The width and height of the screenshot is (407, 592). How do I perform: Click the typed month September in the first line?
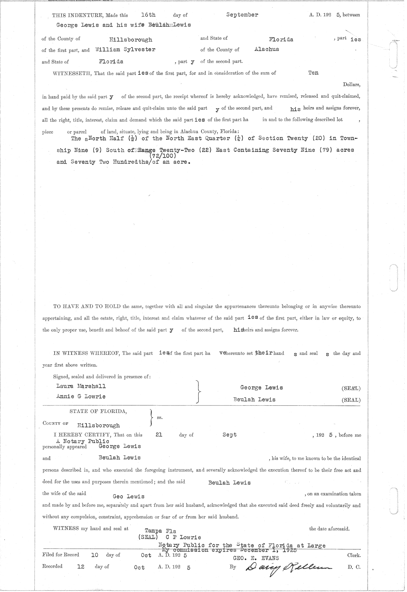(242, 15)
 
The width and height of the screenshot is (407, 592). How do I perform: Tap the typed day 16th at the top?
(148, 15)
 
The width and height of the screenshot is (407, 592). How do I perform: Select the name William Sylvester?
(125, 50)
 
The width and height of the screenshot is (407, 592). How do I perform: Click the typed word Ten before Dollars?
(313, 73)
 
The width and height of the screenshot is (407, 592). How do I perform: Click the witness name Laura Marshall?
(81, 386)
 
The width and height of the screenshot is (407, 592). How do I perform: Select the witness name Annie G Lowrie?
(81, 396)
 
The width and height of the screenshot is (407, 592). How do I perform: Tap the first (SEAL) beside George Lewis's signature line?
(351, 388)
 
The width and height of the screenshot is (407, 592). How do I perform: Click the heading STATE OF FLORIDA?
(98, 412)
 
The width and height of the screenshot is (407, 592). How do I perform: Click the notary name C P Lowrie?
(183, 537)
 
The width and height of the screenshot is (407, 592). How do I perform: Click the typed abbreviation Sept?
(230, 435)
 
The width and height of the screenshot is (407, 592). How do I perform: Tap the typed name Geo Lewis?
(129, 496)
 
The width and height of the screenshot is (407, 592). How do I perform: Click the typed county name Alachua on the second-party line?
(267, 49)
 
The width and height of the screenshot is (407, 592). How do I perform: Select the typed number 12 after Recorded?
(81, 566)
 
